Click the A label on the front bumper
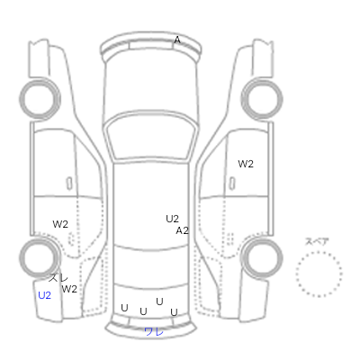177,40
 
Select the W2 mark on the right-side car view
246,164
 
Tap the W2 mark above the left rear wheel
60,224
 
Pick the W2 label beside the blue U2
69,289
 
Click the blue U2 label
44,295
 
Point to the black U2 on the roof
172,219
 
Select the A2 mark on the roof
182,230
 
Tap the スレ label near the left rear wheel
58,278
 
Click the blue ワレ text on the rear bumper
154,331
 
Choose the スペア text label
317,241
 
